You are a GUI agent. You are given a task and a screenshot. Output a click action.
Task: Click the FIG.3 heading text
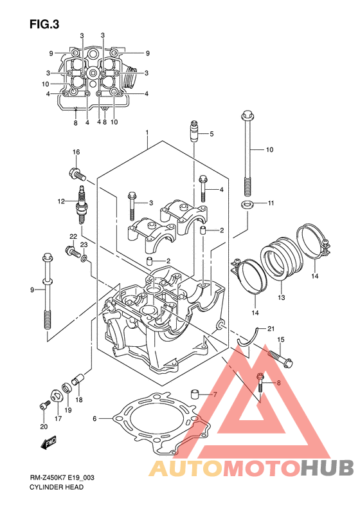44,24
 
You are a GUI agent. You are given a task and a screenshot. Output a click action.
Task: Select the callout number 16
76,152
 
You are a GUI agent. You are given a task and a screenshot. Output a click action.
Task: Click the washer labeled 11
248,205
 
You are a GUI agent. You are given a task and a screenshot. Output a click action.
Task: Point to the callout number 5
212,134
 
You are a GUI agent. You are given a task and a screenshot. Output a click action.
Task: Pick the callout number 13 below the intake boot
281,297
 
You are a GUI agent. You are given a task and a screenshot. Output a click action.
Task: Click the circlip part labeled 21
248,338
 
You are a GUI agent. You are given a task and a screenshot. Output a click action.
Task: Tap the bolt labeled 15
280,358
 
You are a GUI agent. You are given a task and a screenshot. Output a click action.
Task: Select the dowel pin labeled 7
195,393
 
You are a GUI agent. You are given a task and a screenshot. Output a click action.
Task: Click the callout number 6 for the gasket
94,419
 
